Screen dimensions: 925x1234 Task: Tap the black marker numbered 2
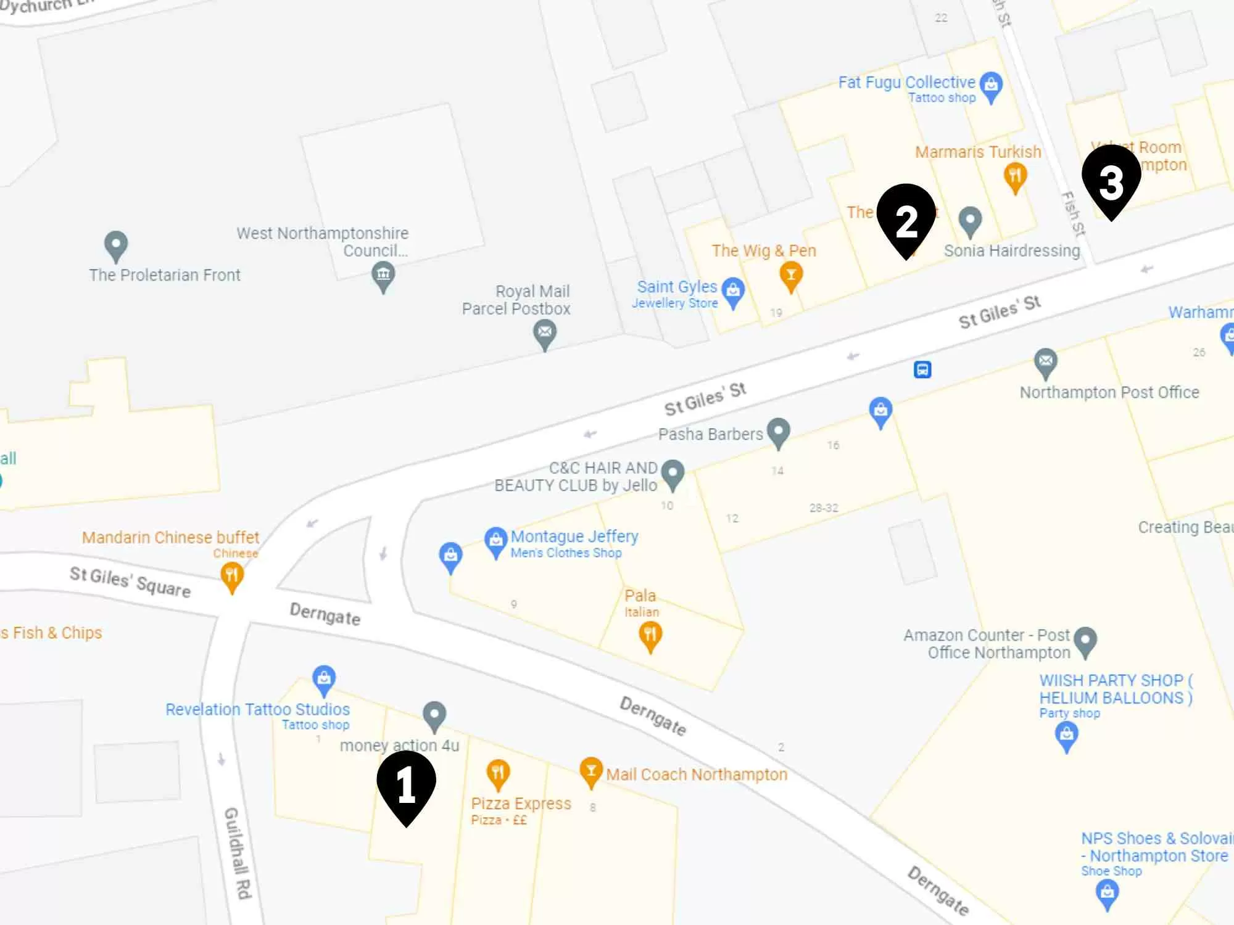[906, 218]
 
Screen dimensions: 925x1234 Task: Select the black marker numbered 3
[1111, 179]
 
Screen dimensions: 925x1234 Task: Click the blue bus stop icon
[922, 369]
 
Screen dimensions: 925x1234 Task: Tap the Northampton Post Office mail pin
[1045, 362]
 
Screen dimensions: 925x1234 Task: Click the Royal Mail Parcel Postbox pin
[545, 334]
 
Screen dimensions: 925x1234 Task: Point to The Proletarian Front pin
[116, 245]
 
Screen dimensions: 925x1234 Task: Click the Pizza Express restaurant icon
[498, 773]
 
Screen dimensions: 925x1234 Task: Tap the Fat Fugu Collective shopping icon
[991, 85]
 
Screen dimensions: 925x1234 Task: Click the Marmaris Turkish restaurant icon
[1015, 176]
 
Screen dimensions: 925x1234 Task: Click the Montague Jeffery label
[574, 536]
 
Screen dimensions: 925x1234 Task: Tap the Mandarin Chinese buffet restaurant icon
[232, 576]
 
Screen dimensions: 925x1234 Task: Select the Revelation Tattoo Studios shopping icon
[324, 679]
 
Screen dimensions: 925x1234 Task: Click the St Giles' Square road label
[130, 582]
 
